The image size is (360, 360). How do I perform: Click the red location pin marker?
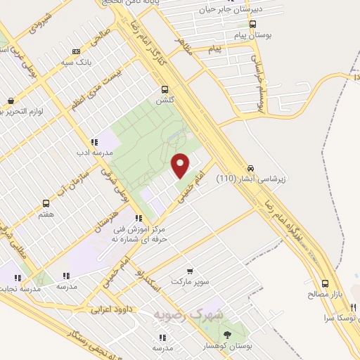click(181, 165)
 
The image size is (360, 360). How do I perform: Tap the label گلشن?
click(165, 101)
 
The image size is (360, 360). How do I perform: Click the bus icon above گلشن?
click(165, 89)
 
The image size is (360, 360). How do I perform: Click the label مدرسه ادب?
click(94, 151)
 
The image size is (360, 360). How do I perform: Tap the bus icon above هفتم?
click(48, 202)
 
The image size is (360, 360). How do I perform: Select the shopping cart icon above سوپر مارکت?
click(190, 271)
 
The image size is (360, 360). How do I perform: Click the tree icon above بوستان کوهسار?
click(226, 333)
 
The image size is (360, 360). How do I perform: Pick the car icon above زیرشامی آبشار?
click(251, 168)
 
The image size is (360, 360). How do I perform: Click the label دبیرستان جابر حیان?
click(236, 9)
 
